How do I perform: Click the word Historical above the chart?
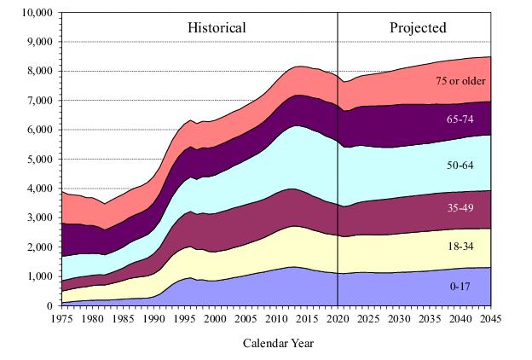(x=217, y=28)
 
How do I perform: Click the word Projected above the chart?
(x=418, y=28)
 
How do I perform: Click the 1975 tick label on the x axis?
(x=61, y=317)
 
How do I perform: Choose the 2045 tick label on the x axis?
(x=491, y=317)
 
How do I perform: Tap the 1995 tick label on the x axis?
(x=184, y=317)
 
